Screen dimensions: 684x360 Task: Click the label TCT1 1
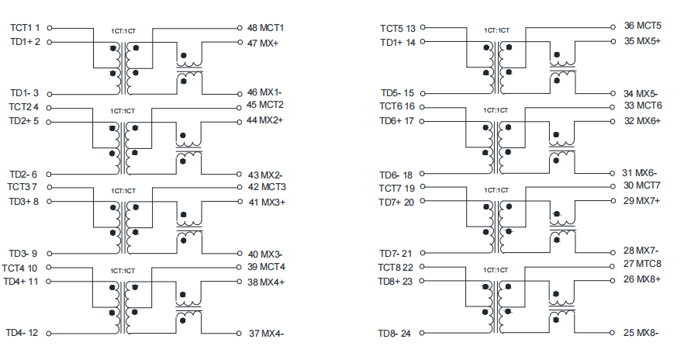[25, 28]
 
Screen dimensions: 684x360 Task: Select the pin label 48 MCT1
[265, 28]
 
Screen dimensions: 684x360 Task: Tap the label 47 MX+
[263, 43]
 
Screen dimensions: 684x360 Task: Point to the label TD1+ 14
[398, 43]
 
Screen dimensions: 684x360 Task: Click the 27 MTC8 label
[642, 264]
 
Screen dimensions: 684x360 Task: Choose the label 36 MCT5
[643, 26]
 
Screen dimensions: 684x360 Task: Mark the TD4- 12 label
[22, 333]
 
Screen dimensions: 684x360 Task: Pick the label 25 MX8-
[641, 333]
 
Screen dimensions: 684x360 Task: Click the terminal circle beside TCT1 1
[50, 28]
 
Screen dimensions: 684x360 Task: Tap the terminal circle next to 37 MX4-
[239, 334]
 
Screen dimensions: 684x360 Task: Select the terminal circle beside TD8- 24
[422, 333]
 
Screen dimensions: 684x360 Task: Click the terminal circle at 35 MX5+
[613, 41]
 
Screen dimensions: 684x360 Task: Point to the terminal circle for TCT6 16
[422, 107]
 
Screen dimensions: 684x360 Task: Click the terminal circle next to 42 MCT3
[240, 187]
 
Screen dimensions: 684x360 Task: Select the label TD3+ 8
[23, 202]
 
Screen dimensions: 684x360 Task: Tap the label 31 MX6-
[640, 173]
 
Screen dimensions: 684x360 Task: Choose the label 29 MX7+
[641, 201]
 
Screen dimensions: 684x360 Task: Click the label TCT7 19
[396, 188]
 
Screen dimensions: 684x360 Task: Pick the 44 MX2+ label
[264, 120]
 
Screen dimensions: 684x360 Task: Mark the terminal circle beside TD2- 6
[49, 174]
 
